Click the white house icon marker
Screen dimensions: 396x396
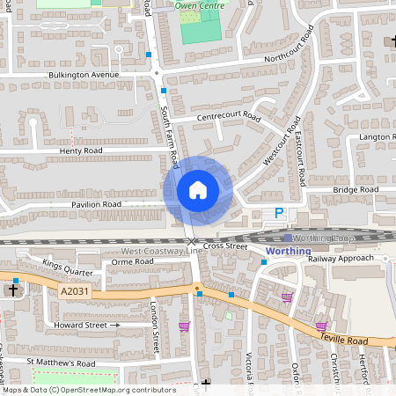198,189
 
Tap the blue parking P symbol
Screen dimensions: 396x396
280,213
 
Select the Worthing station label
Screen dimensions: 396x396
287,251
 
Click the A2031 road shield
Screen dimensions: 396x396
74,290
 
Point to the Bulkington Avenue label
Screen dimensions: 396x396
84,75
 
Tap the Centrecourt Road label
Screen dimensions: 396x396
229,117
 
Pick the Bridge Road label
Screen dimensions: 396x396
356,189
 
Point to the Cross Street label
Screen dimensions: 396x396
225,246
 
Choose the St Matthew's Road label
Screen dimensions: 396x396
60,363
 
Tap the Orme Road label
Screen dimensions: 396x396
134,261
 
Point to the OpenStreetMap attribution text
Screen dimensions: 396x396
77,389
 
